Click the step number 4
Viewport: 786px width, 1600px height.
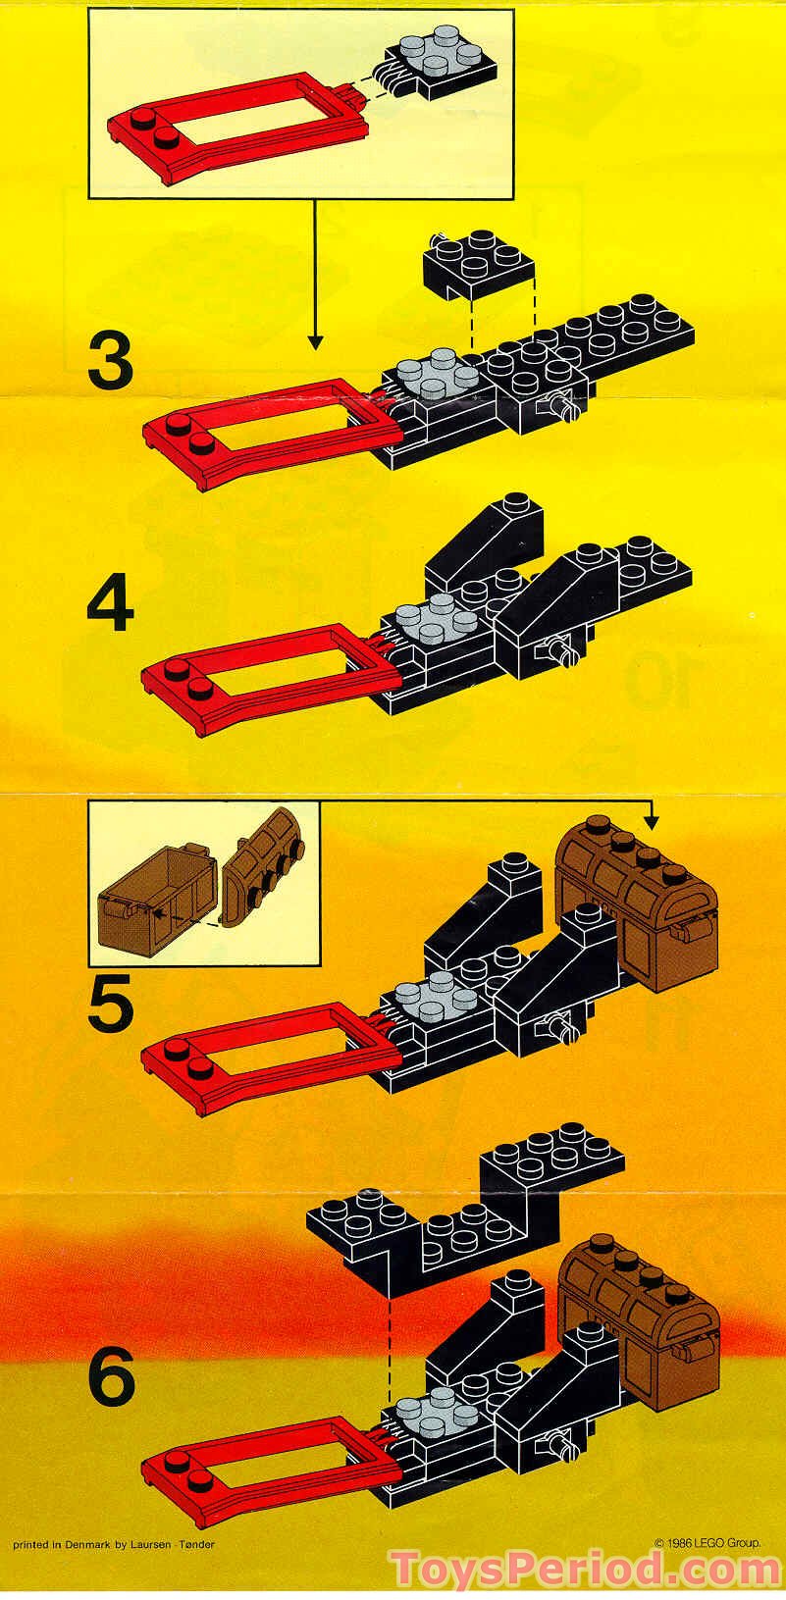(x=110, y=605)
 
